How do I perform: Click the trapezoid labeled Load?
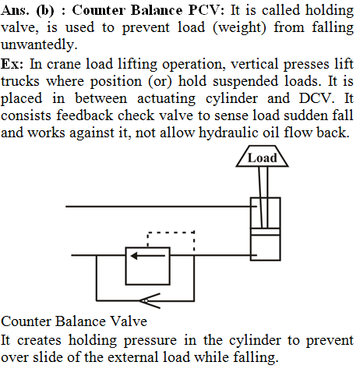[x=262, y=156]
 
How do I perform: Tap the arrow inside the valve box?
[x=148, y=256]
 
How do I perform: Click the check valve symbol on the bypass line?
[x=150, y=301]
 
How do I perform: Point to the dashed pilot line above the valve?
[x=171, y=232]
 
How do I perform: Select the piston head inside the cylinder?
[x=265, y=232]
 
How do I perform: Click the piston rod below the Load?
[x=263, y=197]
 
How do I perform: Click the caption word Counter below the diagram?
[x=26, y=321]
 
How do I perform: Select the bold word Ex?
[x=12, y=64]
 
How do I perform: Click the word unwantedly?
[x=39, y=44]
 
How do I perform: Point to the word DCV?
[x=316, y=98]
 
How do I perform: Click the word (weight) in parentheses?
[x=239, y=27]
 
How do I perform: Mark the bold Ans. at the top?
[x=15, y=10]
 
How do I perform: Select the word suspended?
[x=245, y=81]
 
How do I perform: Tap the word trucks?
[x=20, y=81]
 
